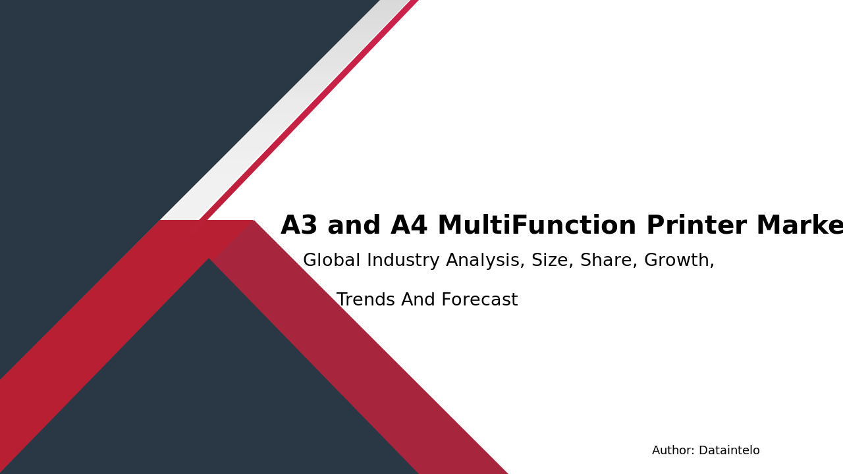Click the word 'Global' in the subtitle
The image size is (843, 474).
[x=331, y=261]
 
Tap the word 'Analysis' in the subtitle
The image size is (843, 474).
[x=486, y=261]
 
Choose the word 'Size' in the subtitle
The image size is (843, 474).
[x=551, y=261]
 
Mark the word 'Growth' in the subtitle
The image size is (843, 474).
[x=678, y=261]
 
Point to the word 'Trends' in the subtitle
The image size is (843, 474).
[x=366, y=300]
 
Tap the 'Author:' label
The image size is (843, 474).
[x=673, y=451]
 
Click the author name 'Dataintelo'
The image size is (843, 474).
[x=729, y=451]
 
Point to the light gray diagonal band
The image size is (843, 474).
[x=283, y=112]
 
